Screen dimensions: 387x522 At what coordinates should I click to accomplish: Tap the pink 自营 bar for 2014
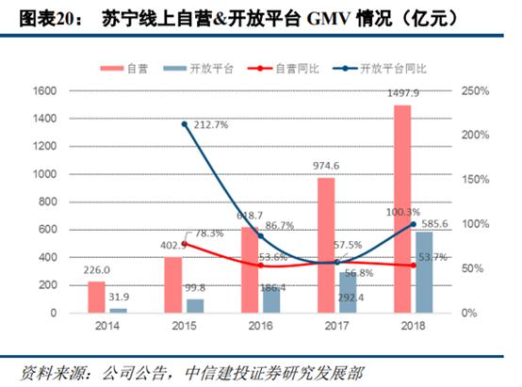96,297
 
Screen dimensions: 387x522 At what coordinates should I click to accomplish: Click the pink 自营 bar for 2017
326,245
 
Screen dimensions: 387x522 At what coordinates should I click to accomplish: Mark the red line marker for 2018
413,265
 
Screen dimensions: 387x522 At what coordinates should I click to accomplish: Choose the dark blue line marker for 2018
413,223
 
